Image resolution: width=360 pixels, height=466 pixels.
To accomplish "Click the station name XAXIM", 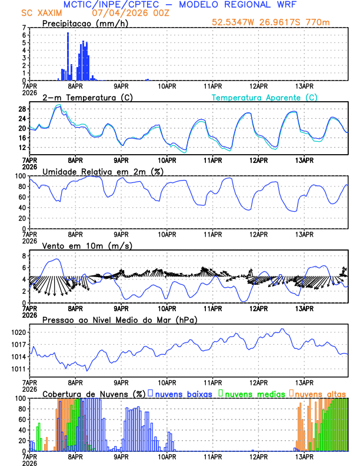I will [x=51, y=12].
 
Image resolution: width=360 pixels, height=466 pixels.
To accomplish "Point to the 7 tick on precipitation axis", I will [x=25, y=28].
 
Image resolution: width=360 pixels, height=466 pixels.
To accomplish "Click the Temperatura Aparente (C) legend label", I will [x=264, y=97].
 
